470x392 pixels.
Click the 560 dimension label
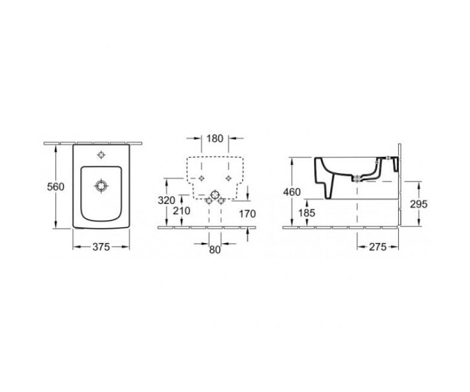tap(56, 187)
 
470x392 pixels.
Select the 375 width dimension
tap(101, 247)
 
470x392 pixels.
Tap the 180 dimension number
tap(215, 138)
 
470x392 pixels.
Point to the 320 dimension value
tap(166, 200)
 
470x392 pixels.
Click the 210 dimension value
tap(181, 211)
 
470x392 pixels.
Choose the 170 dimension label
tap(247, 214)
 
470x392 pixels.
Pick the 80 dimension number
tap(215, 250)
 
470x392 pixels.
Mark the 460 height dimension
tap(292, 192)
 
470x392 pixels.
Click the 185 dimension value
tap(307, 213)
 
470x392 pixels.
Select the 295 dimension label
tap(419, 204)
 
